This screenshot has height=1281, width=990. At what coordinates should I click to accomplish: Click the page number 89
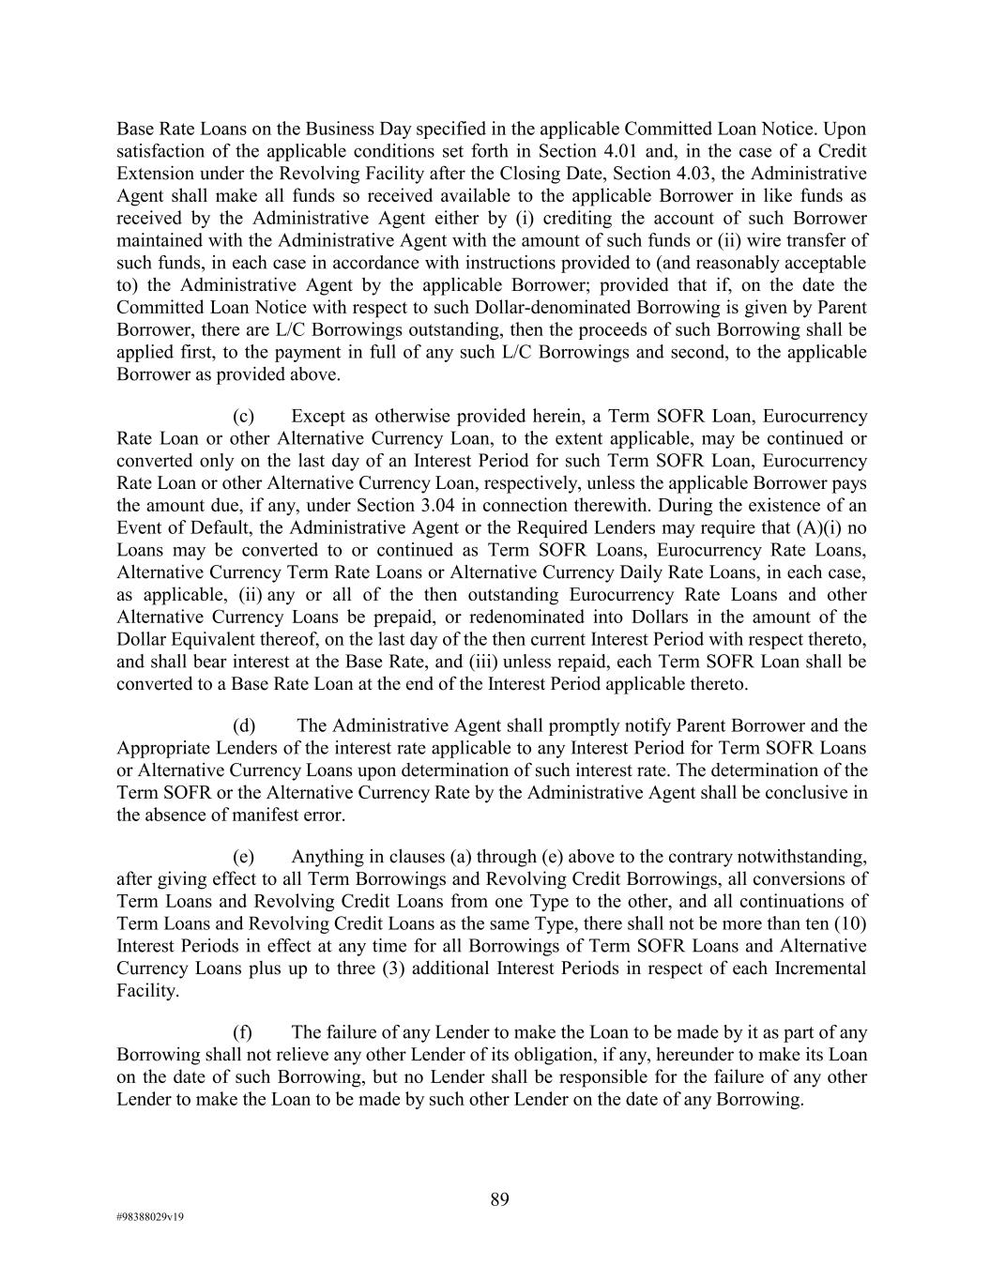click(x=499, y=1199)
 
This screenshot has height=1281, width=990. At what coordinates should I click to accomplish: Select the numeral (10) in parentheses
click(x=849, y=923)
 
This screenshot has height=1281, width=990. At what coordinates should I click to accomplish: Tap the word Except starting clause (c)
click(x=320, y=416)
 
